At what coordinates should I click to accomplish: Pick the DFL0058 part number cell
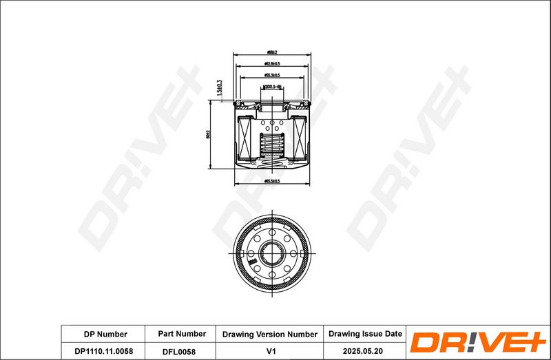point(177,351)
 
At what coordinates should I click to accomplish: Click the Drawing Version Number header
point(270,334)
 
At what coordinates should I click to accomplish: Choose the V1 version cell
point(270,351)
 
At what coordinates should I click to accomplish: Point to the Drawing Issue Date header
point(365,334)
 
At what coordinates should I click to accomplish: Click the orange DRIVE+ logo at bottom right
point(477,342)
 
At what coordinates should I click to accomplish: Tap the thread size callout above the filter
point(274,87)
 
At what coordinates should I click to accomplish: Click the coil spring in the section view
point(274,146)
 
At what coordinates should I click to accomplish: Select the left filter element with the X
point(246,136)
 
